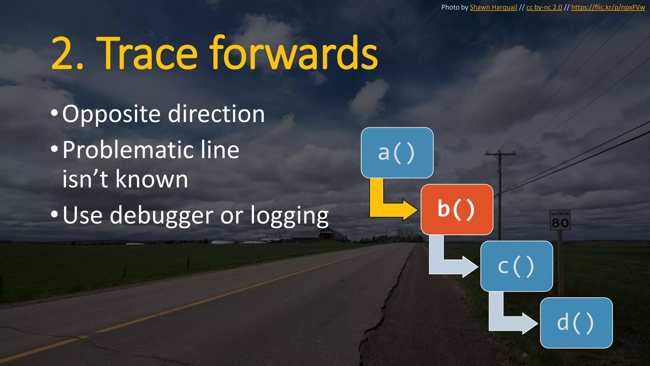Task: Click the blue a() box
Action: [397, 153]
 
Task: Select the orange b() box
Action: [457, 209]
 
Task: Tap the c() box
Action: [516, 266]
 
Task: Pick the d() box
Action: [576, 323]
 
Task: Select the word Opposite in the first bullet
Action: [111, 114]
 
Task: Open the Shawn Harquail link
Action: [493, 7]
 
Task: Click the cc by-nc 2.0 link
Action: [544, 7]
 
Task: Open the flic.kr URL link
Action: [608, 7]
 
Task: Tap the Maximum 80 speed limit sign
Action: [560, 220]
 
